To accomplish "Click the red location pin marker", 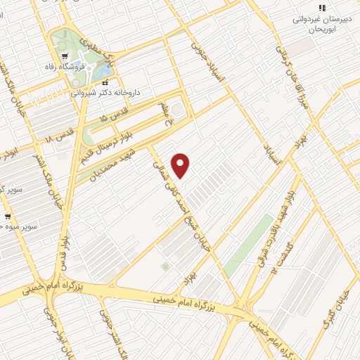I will click(181, 165).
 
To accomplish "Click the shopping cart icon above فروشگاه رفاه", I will click(64, 56).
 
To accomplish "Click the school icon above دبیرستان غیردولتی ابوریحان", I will click(322, 7).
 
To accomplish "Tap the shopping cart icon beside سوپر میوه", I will click(8, 216).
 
